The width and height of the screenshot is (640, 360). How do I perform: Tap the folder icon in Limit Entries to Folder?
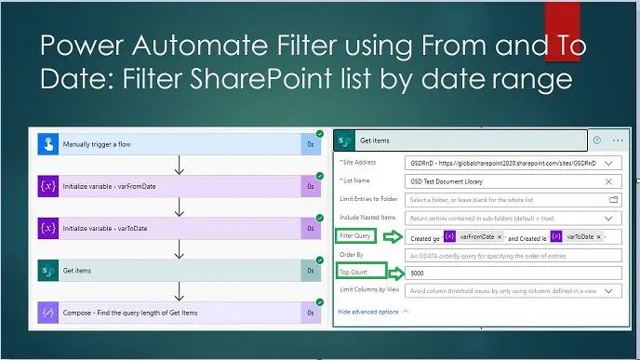[x=613, y=199]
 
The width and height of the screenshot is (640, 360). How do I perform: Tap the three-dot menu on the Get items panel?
[x=618, y=140]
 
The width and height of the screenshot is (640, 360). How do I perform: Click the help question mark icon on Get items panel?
[x=596, y=140]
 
